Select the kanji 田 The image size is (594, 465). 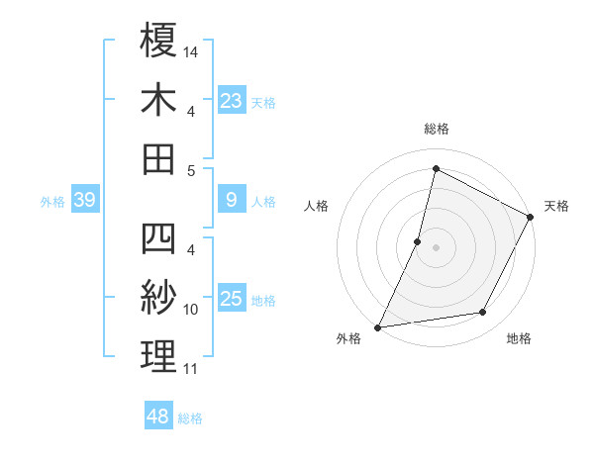pos(158,158)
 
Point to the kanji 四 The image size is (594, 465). pos(158,240)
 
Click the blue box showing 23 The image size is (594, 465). pos(231,100)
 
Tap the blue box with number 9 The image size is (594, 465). pos(231,200)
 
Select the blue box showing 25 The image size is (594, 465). pos(231,299)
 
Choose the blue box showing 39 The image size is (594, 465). pos(84,201)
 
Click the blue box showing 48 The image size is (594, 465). pos(158,417)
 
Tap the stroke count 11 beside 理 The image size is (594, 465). pos(191,369)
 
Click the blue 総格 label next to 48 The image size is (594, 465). pos(190,418)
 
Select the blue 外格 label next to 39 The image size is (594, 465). pos(52,202)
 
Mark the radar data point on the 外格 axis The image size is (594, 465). pos(377,326)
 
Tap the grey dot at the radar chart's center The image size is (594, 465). pos(436,246)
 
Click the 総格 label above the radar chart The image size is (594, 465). pos(436,129)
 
